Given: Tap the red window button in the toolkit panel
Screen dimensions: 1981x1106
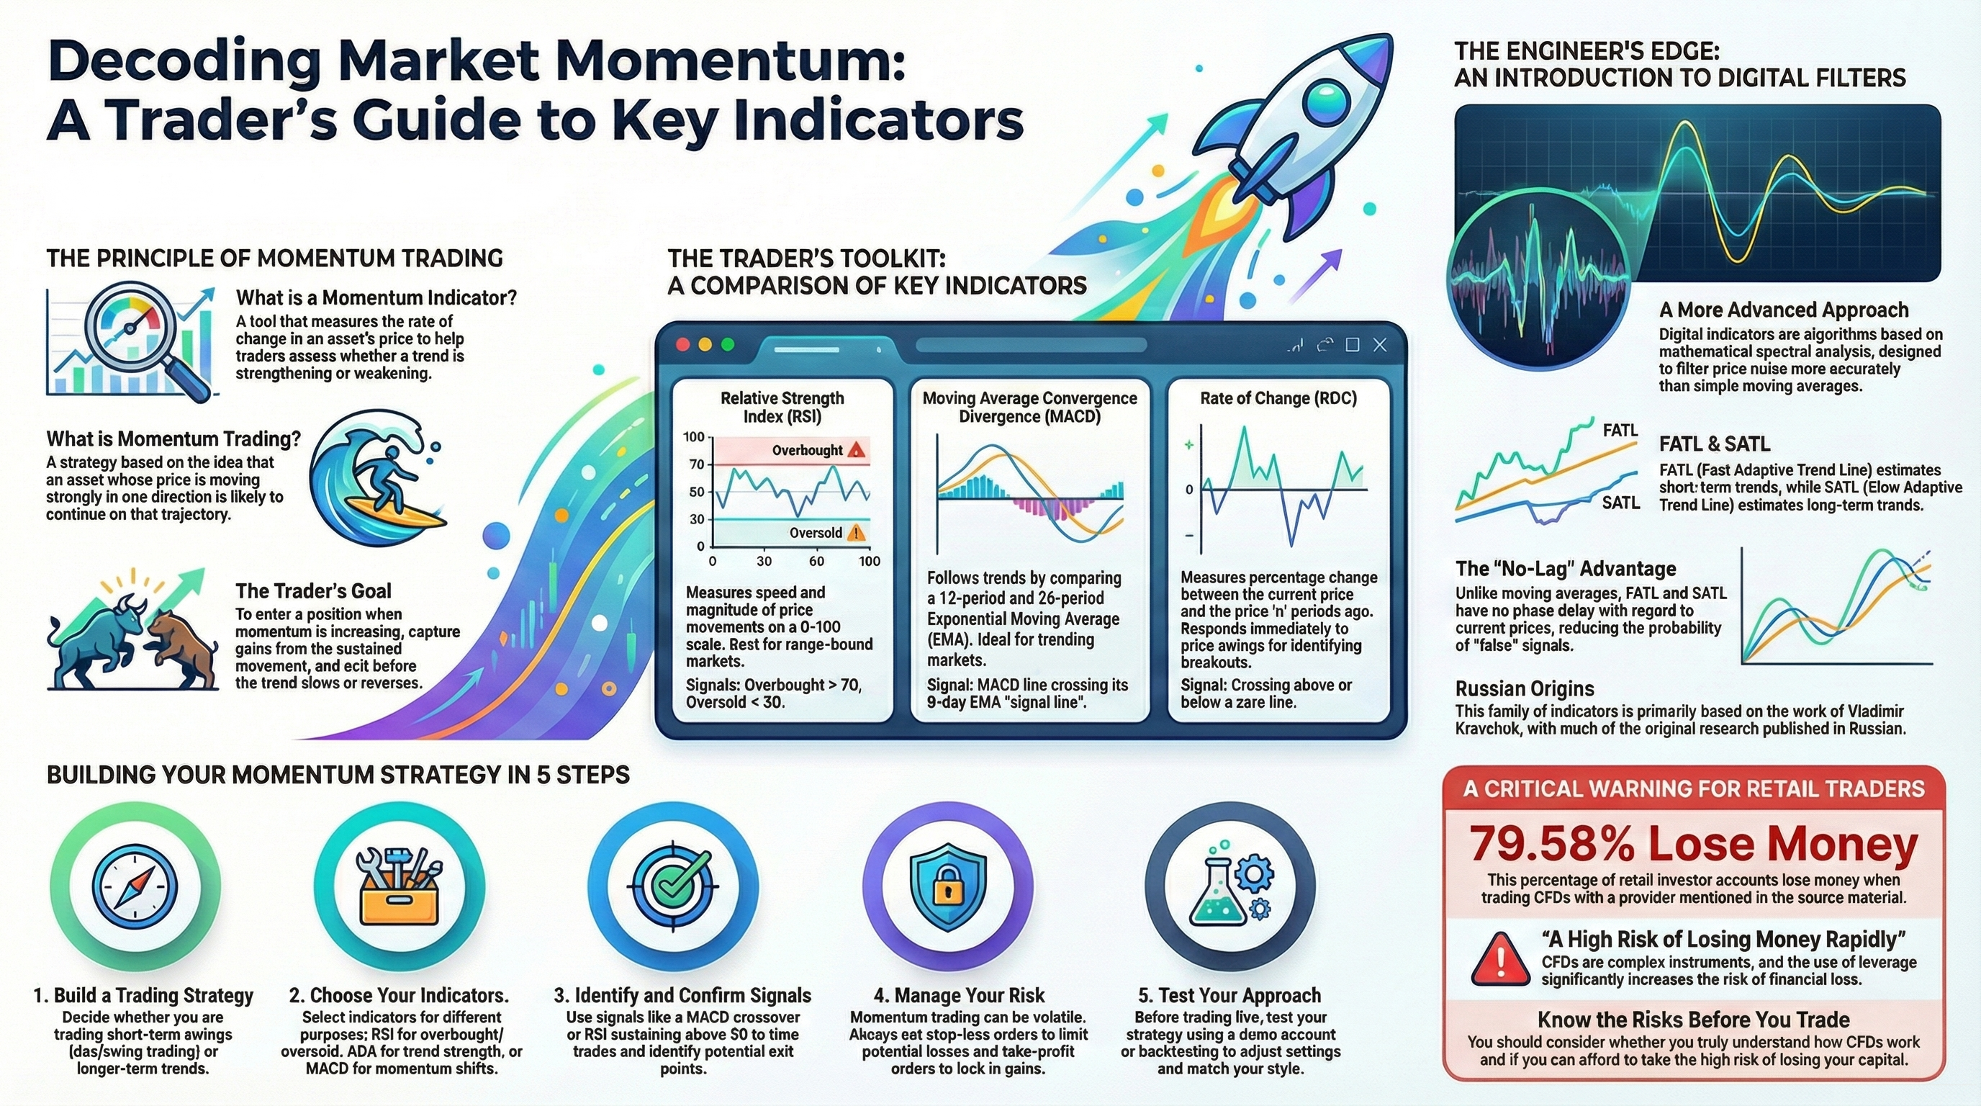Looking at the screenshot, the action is [x=682, y=345].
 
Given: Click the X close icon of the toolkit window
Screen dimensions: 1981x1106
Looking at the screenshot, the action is [x=1380, y=345].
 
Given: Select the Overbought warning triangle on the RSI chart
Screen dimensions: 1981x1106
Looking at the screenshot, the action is [x=856, y=450].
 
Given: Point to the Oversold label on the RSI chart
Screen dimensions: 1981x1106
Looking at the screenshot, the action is [x=815, y=532].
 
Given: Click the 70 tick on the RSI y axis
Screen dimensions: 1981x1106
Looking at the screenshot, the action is [x=696, y=464].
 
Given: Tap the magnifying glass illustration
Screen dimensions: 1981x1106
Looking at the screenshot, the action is [x=143, y=338].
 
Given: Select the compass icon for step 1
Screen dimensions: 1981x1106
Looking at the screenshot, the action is [x=135, y=886].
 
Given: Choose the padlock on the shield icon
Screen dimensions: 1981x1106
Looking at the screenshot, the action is [x=947, y=890].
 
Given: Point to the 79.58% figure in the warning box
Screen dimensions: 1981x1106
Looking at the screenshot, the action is [x=1551, y=844].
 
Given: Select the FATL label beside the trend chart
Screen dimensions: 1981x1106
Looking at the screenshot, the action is [x=1620, y=431].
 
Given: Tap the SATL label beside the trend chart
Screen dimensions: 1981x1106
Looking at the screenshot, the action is [x=1620, y=503].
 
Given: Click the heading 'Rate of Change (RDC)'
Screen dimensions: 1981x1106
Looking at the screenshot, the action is [x=1278, y=398].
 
